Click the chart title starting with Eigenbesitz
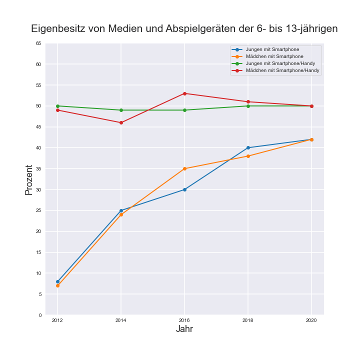click(184, 29)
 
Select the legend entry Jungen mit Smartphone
click(272, 49)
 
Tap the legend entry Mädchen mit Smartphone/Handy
click(282, 70)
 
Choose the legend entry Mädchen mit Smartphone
click(274, 56)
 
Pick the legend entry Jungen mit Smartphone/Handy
click(280, 63)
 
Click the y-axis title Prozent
click(29, 179)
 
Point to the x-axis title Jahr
click(184, 329)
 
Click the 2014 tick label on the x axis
click(121, 320)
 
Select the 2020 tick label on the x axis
click(311, 320)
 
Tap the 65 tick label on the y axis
click(38, 43)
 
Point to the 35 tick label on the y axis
click(38, 169)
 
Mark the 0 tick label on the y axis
click(40, 315)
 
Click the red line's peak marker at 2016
click(184, 93)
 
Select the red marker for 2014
click(121, 122)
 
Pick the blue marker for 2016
click(184, 189)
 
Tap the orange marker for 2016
click(184, 168)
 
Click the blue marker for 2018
click(248, 147)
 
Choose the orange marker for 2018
click(248, 156)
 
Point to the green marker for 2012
click(57, 106)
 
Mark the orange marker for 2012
click(57, 285)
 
